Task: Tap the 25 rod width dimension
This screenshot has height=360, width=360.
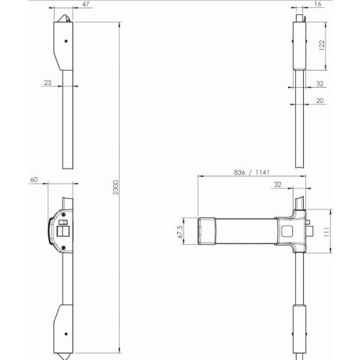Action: coord(48,84)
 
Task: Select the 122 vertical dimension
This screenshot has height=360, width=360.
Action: coord(322,45)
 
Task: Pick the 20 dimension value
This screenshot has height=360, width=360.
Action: coord(319,102)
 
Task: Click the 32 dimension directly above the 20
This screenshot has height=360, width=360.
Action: coord(319,84)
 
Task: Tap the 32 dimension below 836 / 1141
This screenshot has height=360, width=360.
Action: coord(278,184)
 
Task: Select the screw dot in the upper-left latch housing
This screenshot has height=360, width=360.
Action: coord(66,42)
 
